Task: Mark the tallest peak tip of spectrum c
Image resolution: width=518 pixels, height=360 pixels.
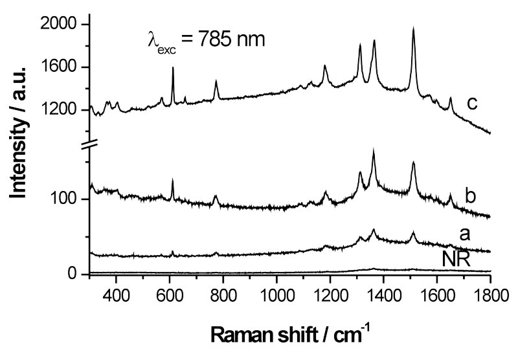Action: (x=413, y=28)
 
